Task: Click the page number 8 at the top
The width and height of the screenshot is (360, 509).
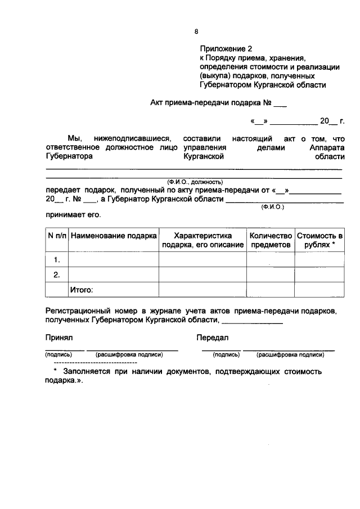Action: tap(196, 31)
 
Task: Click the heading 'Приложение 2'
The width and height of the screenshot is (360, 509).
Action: tap(225, 48)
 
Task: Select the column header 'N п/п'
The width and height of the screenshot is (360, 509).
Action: tap(57, 235)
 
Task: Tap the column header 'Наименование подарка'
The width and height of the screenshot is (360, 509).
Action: tap(114, 235)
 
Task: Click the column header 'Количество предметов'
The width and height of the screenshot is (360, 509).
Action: tap(271, 240)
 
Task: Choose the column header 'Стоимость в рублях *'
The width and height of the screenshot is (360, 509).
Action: tap(319, 240)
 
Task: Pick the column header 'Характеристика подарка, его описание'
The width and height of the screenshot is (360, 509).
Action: tap(202, 240)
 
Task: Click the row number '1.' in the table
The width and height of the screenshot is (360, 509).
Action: tap(57, 260)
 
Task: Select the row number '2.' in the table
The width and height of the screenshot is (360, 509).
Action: tap(57, 275)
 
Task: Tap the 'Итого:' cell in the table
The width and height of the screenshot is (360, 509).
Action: tap(81, 290)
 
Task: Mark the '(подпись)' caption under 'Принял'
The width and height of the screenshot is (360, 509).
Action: tap(58, 355)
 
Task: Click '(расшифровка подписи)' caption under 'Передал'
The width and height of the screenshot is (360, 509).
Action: tap(290, 355)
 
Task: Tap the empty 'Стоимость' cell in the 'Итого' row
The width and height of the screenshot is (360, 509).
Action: tap(319, 290)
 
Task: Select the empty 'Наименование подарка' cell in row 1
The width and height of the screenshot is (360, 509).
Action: tap(114, 260)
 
